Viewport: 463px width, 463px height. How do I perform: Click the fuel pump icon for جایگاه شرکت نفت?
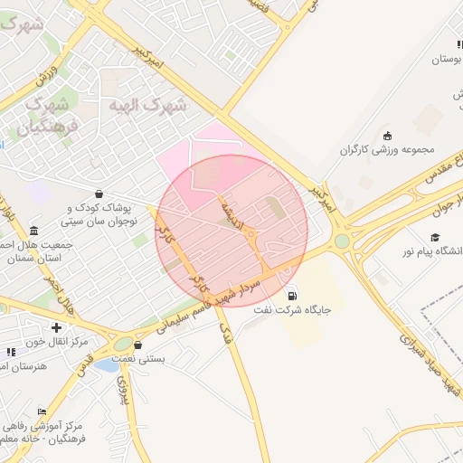291,296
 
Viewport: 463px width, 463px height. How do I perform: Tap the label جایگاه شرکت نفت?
291,310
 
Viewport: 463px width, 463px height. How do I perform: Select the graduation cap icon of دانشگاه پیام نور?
435,237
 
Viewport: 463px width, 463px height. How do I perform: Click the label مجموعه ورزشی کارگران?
388,149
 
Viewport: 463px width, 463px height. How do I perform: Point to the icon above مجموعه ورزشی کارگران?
388,135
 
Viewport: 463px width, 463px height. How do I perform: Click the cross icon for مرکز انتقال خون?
57,327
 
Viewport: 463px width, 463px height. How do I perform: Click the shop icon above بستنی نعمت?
137,345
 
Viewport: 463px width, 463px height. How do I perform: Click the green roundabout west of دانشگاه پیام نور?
342,241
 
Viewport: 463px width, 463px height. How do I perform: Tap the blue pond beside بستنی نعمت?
106,365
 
